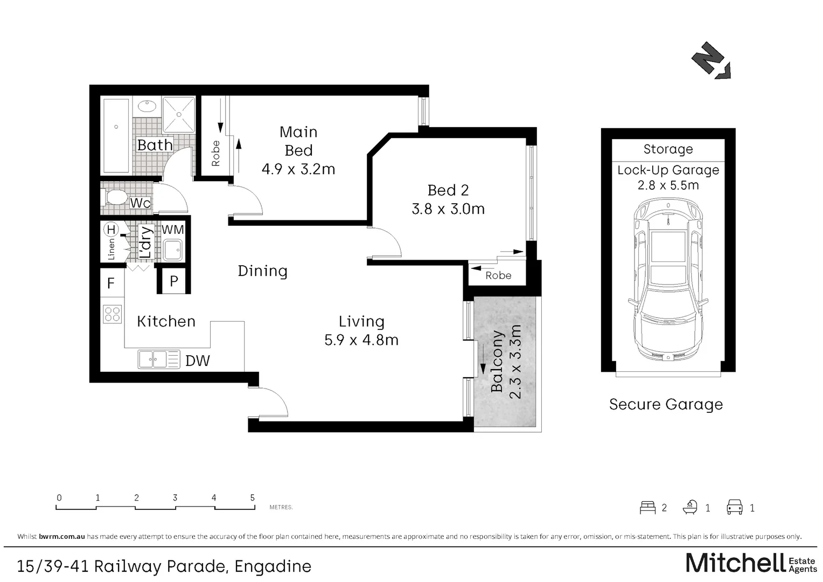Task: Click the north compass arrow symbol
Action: (x=712, y=61)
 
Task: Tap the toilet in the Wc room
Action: (x=114, y=198)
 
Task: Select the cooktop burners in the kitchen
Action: (x=113, y=314)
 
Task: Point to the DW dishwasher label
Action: (x=198, y=361)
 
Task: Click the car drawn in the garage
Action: (x=668, y=280)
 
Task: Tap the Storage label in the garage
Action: (x=668, y=149)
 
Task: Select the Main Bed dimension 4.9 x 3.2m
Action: (x=298, y=169)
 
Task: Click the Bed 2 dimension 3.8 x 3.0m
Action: (x=448, y=209)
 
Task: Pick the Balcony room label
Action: (x=497, y=362)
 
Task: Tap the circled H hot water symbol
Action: (x=110, y=230)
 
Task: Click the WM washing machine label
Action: (x=173, y=230)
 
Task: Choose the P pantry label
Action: (x=174, y=281)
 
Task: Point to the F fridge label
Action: (x=110, y=283)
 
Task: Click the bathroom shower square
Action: (x=179, y=114)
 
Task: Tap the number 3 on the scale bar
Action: (x=175, y=497)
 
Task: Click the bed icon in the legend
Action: (x=648, y=508)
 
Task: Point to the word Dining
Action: (x=262, y=271)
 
